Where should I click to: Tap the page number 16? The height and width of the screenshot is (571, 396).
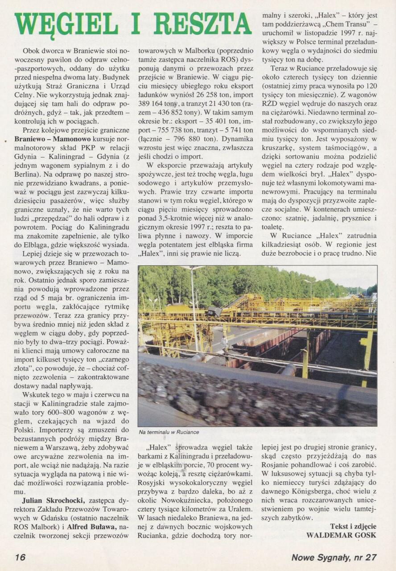click(20, 557)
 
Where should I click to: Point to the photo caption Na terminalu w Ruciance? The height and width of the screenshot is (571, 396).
click(169, 432)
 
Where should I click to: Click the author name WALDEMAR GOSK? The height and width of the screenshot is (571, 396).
click(341, 535)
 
